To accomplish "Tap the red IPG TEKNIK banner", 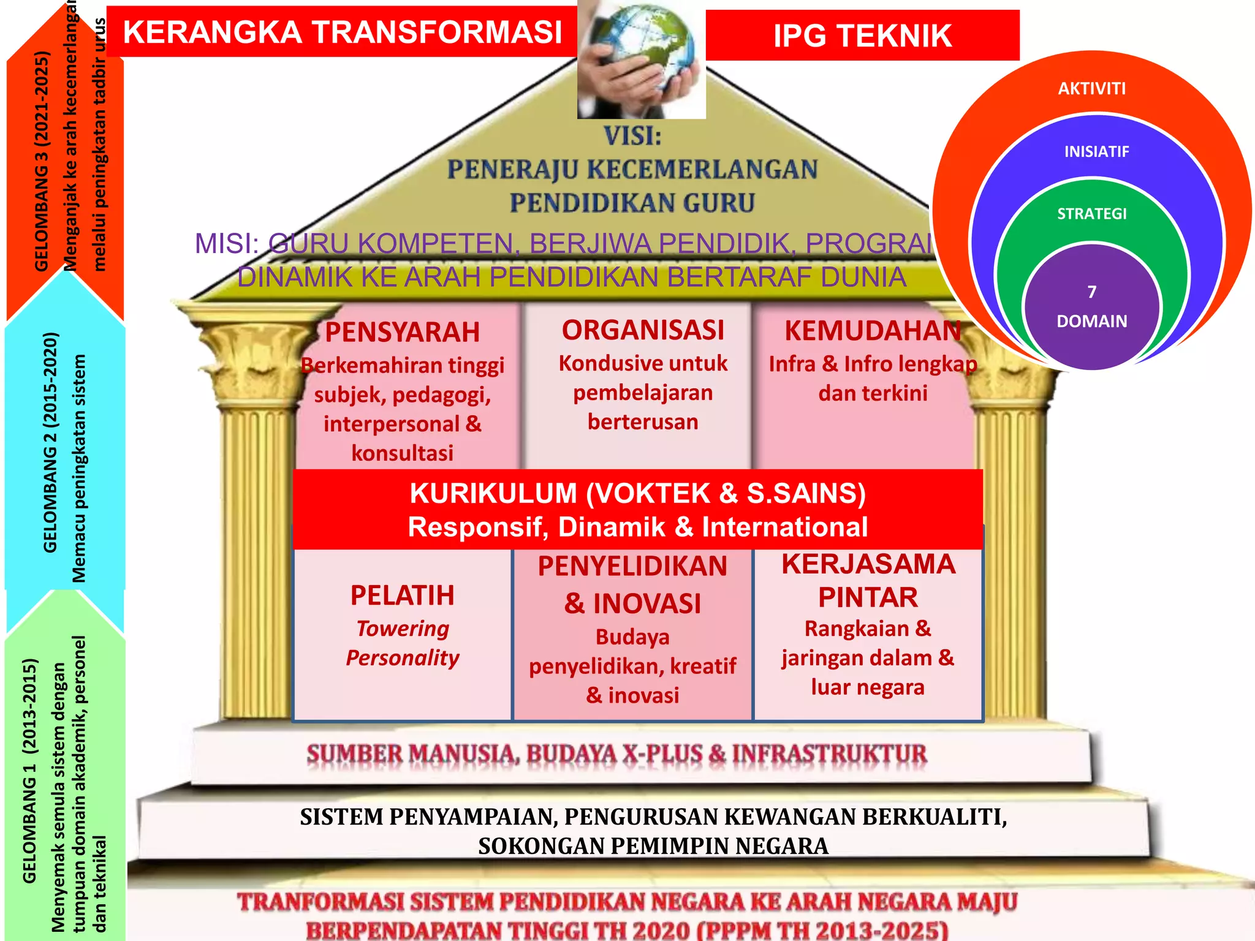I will pyautogui.click(x=862, y=36).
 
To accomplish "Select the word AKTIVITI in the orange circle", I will pyautogui.click(x=1091, y=89).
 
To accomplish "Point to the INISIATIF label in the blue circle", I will pyautogui.click(x=1096, y=151).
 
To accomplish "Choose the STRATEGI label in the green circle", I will pyautogui.click(x=1091, y=214).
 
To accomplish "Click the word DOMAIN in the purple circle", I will pyautogui.click(x=1091, y=321).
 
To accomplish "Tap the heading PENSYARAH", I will pyautogui.click(x=402, y=333).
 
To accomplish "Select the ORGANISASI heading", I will pyautogui.click(x=643, y=330).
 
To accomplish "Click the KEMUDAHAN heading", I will pyautogui.click(x=873, y=331).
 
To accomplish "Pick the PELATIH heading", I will pyautogui.click(x=402, y=595).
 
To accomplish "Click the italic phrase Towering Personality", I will pyautogui.click(x=402, y=643).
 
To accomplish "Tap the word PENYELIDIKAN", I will pyautogui.click(x=632, y=566).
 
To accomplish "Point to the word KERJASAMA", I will pyautogui.click(x=868, y=564).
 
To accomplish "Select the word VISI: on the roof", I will pyautogui.click(x=632, y=136).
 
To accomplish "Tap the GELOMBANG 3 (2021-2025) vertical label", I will pyautogui.click(x=42, y=161).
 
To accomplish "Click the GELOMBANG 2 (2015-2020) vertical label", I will pyautogui.click(x=50, y=442).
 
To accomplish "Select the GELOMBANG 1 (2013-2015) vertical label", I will pyautogui.click(x=29, y=771).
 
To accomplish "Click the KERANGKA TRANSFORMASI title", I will pyautogui.click(x=342, y=32).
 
